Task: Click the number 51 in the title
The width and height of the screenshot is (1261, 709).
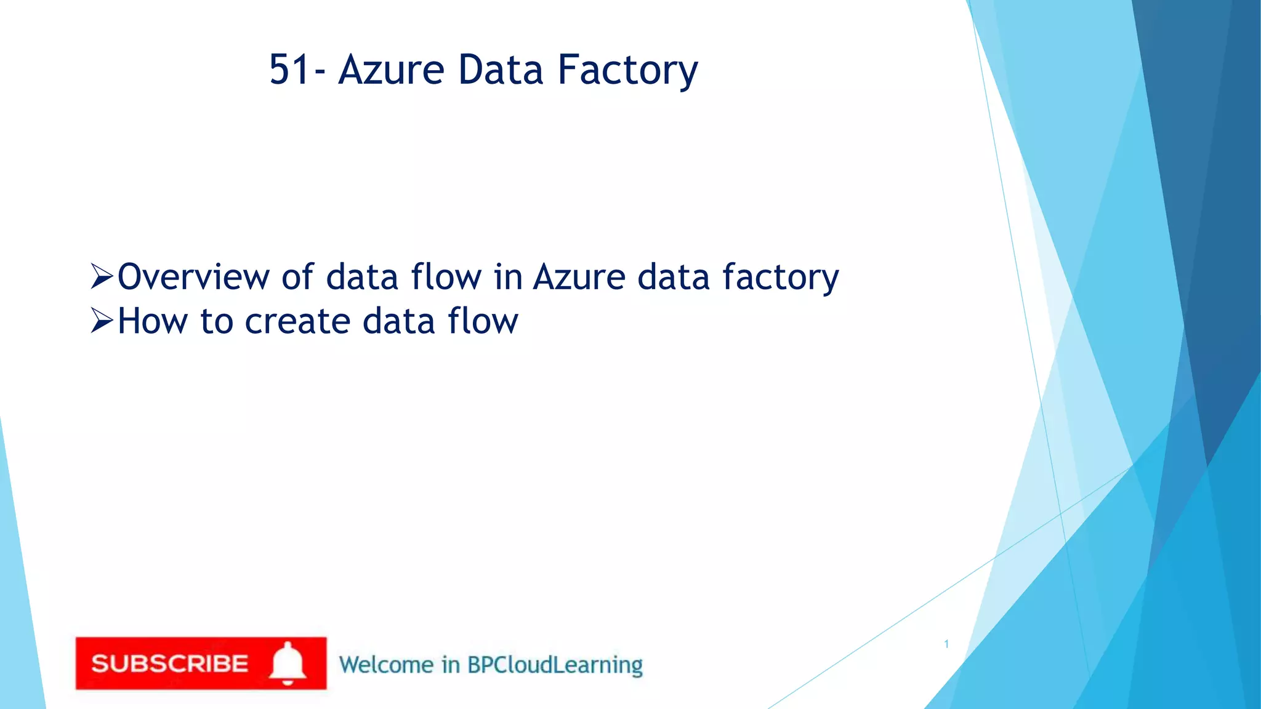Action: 289,70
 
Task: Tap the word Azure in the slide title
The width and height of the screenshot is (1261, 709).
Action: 391,70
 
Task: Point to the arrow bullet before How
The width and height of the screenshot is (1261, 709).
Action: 102,321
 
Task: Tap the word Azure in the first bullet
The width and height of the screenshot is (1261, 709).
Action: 579,277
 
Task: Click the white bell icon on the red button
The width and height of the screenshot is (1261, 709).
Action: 288,663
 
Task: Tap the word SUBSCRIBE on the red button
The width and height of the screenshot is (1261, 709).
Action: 169,664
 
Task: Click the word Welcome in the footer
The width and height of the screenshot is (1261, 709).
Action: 386,665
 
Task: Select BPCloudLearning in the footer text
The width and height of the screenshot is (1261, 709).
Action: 554,665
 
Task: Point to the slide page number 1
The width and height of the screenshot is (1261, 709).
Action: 946,644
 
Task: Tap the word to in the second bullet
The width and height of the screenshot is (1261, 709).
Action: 217,322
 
